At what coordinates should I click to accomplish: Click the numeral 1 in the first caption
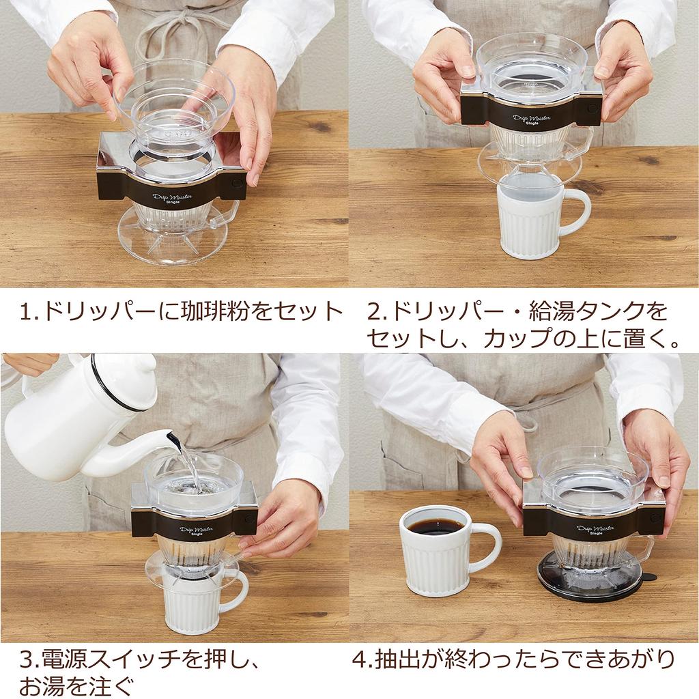27,313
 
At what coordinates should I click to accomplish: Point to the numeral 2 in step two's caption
373,313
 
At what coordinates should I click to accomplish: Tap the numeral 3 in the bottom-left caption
27,659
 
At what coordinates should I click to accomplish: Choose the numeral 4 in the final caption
360,659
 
